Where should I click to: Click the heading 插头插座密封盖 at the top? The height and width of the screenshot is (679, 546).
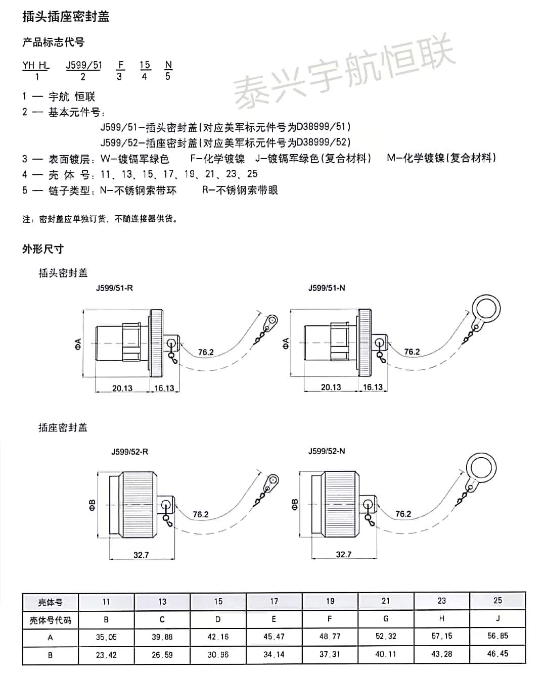coord(66,17)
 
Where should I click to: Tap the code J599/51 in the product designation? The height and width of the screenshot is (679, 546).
coord(84,65)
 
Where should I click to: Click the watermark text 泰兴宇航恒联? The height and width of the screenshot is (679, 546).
coord(344,71)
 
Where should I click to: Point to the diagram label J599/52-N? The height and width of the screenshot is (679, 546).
coord(327,451)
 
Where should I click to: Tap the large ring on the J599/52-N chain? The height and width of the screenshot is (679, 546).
coord(481,469)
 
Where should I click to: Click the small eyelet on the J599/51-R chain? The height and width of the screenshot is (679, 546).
coord(272,320)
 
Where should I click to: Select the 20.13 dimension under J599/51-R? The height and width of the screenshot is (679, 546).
coord(122,388)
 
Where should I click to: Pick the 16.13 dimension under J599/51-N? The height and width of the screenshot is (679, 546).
coord(373,387)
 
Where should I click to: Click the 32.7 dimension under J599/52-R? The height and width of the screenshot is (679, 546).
coord(141,555)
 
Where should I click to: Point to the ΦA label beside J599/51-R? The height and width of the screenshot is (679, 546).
coord(79,345)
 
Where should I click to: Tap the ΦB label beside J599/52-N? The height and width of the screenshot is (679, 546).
coord(295,504)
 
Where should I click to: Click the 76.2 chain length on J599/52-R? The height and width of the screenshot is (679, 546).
coord(201,514)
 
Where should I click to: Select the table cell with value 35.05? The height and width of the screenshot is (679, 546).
coord(106,638)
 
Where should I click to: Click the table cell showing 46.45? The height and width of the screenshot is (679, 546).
coord(497,654)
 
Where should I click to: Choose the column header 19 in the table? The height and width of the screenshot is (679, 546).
coord(330,601)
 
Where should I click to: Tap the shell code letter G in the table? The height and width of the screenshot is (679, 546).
coord(386,619)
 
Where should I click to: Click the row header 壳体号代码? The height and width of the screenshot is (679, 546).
coord(51,620)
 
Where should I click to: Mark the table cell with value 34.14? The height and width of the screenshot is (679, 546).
coord(274,654)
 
